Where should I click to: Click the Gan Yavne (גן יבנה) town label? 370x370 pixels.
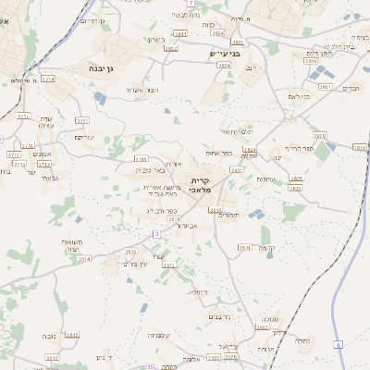click(x=102, y=68)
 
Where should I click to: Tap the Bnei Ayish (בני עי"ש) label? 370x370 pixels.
click(x=225, y=54)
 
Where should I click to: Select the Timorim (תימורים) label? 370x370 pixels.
click(x=228, y=215)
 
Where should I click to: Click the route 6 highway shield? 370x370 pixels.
click(x=339, y=344)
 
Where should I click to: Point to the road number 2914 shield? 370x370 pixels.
click(x=85, y=259)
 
